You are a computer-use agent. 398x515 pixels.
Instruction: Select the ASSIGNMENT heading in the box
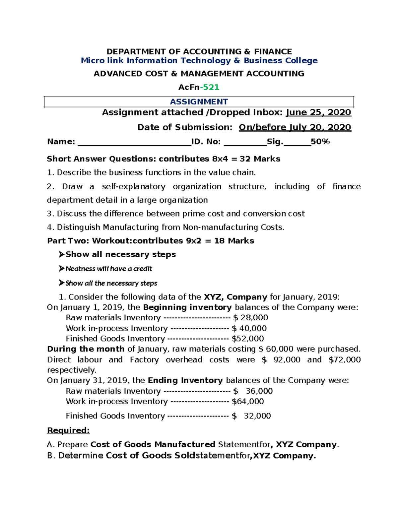tap(199, 102)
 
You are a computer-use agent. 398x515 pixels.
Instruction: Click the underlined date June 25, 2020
tap(318, 112)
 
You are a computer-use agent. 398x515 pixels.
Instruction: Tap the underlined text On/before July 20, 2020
tap(295, 127)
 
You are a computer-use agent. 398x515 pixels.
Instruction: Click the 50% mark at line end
tap(320, 142)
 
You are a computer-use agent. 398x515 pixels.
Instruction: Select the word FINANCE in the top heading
tap(273, 52)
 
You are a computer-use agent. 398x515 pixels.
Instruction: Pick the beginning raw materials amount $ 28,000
tap(250, 318)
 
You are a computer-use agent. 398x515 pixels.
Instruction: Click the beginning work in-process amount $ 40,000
tap(249, 328)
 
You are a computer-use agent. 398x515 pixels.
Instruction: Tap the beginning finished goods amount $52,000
tap(248, 339)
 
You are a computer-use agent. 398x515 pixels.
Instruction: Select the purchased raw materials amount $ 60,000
tap(276, 349)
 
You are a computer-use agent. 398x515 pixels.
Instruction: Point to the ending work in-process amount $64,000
tap(248, 402)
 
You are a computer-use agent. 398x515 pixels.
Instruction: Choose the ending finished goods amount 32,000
tap(257, 416)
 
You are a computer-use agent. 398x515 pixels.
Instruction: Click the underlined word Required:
tap(68, 430)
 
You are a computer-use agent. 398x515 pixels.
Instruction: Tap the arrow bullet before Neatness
tap(61, 269)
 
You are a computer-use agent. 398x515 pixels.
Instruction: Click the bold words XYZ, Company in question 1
tap(235, 297)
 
